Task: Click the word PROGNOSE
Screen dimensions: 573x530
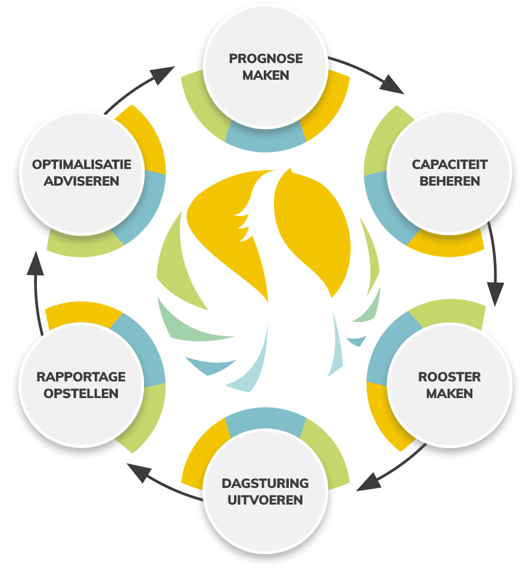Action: point(266,59)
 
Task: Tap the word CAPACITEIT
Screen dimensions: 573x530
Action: point(450,164)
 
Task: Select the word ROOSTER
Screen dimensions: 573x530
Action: point(450,377)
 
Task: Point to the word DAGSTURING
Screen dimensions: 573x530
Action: point(266,483)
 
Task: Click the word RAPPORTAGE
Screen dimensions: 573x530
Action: point(81,377)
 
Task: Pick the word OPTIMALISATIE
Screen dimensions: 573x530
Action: point(81,164)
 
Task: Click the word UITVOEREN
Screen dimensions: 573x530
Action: point(266,500)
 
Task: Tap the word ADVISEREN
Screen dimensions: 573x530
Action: point(81,181)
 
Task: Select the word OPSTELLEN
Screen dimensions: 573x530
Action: point(81,394)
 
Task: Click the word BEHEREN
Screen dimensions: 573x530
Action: point(450,181)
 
